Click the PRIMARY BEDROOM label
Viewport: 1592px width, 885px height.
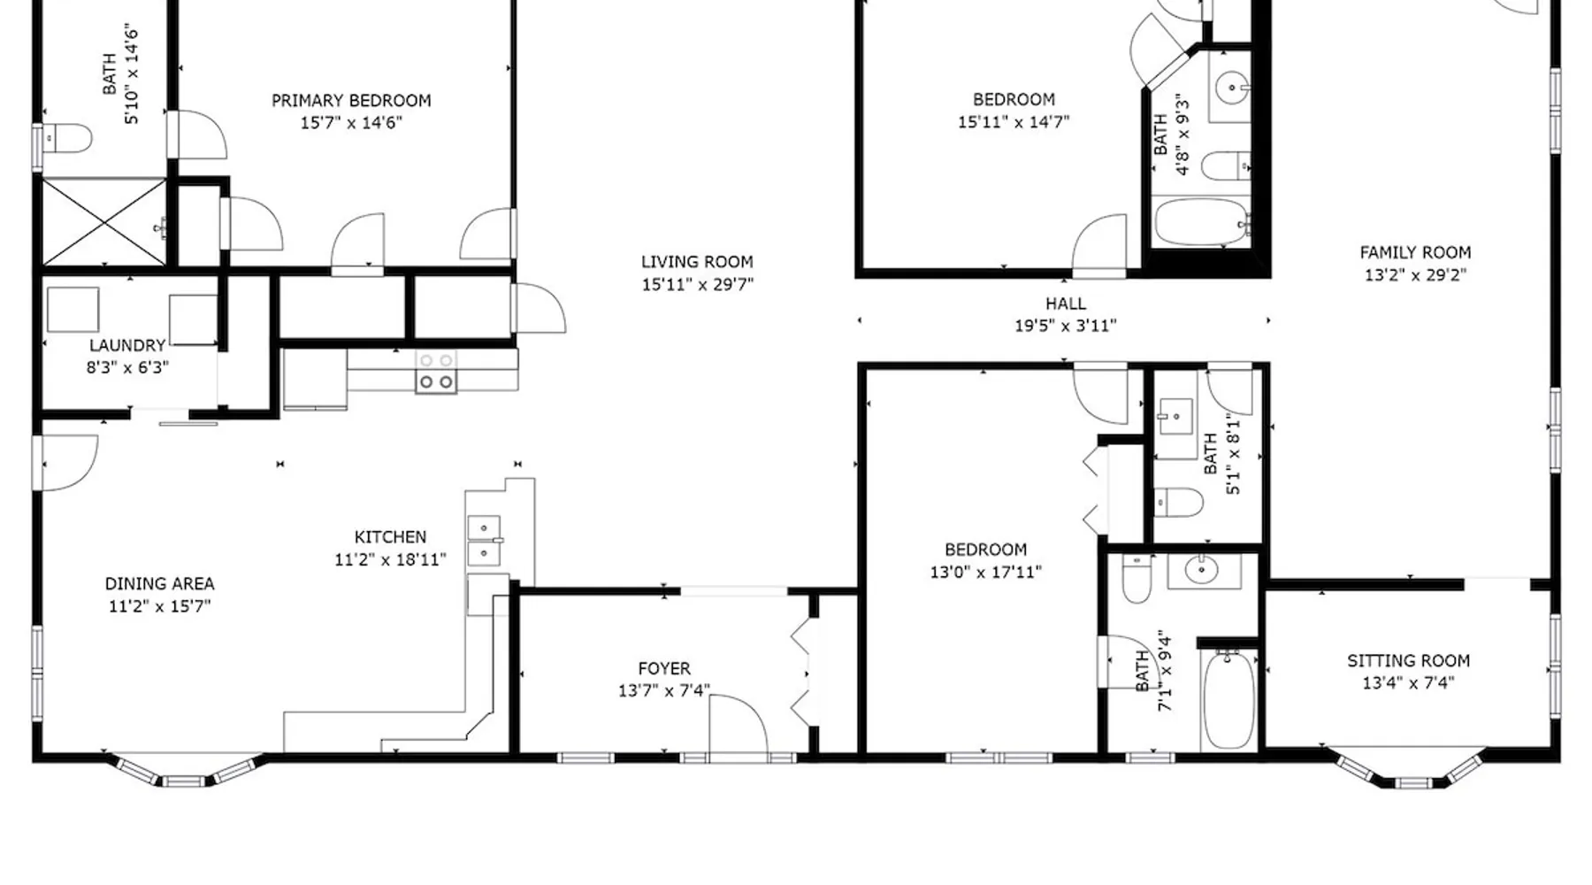point(351,101)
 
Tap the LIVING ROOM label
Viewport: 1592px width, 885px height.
point(697,262)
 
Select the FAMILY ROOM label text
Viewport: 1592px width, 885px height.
point(1415,253)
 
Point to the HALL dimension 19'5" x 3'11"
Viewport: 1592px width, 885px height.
point(1065,326)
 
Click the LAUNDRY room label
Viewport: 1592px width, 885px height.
point(127,345)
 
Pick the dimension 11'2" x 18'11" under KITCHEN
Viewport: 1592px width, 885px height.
point(390,559)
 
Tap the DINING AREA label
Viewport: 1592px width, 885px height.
point(159,584)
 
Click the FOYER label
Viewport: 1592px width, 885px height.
point(664,669)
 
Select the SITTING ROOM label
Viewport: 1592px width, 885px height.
point(1408,661)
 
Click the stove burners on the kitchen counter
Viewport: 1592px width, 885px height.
point(436,372)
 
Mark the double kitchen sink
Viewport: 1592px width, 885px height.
point(484,541)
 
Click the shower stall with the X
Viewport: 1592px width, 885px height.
point(104,221)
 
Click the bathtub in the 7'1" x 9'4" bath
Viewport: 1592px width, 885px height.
point(1228,700)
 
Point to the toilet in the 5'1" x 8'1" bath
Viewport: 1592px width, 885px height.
point(1178,503)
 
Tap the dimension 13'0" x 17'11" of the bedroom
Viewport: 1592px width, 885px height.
point(985,573)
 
